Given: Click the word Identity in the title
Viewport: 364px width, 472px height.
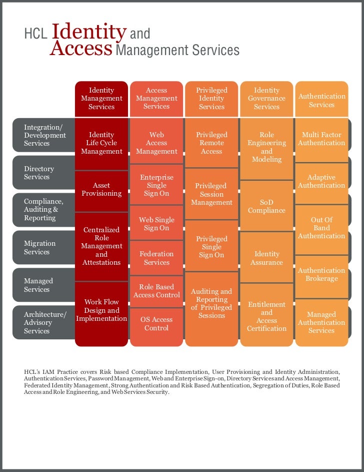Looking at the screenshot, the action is pyautogui.click(x=89, y=32).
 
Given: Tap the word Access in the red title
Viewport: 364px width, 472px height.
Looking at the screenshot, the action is pyautogui.click(x=81, y=49).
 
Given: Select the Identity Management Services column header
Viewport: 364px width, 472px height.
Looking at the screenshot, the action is pyautogui.click(x=101, y=99).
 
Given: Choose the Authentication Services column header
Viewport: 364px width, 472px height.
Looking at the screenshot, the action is pyautogui.click(x=321, y=100).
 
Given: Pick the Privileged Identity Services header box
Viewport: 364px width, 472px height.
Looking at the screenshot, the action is pyautogui.click(x=211, y=99).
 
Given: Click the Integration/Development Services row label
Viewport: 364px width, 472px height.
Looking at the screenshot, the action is pyautogui.click(x=44, y=136).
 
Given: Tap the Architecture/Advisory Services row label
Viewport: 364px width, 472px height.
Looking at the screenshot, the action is pyautogui.click(x=44, y=323).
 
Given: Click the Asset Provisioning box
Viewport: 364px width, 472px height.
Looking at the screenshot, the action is pyautogui.click(x=101, y=189).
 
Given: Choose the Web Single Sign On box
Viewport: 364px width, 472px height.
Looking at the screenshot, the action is pyautogui.click(x=156, y=224).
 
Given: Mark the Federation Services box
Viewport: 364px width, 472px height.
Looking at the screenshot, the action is pyautogui.click(x=156, y=258).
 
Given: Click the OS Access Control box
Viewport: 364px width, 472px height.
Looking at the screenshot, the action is pyautogui.click(x=156, y=324).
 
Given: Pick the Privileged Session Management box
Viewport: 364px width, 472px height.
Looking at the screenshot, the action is pyautogui.click(x=211, y=194).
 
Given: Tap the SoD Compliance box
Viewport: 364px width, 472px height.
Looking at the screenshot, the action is pyautogui.click(x=266, y=206).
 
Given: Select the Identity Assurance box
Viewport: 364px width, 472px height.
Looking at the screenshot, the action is pyautogui.click(x=266, y=258).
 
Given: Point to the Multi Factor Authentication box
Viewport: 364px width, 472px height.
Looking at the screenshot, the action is pyautogui.click(x=321, y=139).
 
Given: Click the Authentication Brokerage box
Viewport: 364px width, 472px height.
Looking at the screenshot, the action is pyautogui.click(x=321, y=274).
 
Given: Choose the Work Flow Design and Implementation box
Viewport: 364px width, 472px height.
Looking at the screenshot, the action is pyautogui.click(x=101, y=310).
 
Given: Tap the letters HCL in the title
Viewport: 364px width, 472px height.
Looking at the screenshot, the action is pyautogui.click(x=35, y=35).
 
